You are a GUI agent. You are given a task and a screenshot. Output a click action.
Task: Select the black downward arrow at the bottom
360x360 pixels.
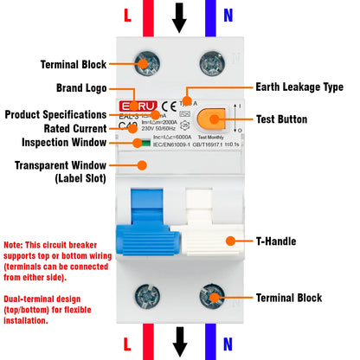coord(178,341)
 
